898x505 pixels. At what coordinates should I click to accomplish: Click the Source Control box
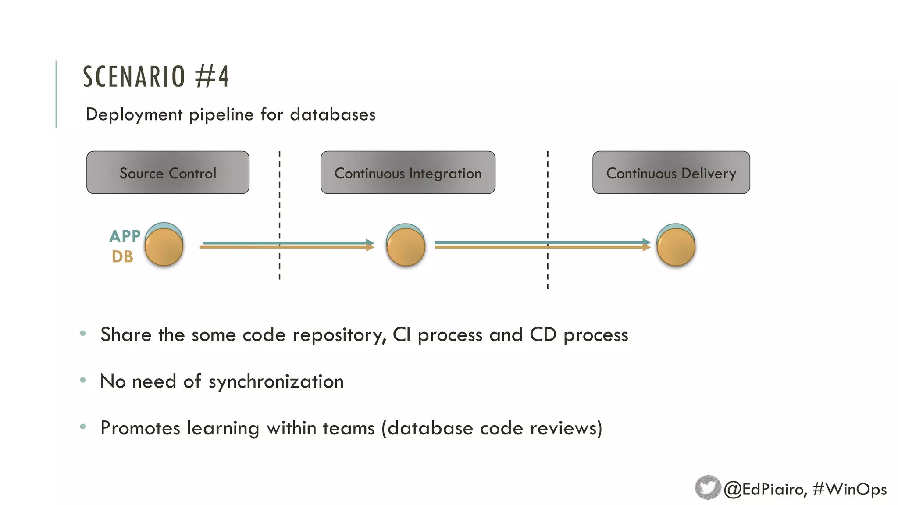pos(168,173)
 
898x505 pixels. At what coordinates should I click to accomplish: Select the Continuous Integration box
pos(408,173)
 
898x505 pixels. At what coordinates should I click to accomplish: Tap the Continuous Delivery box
pos(671,173)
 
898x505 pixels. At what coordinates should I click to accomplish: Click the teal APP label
pos(125,236)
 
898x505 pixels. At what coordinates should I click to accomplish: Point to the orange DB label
pos(122,257)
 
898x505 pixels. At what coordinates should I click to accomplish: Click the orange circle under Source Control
pos(164,247)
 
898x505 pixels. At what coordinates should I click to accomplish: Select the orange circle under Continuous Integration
pos(406,247)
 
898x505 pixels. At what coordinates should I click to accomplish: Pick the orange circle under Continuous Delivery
pos(676,247)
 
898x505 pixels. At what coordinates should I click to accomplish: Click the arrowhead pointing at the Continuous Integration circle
pos(370,245)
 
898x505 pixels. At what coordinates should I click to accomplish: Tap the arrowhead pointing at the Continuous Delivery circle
pos(646,245)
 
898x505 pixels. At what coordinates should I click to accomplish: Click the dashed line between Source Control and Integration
pos(279,215)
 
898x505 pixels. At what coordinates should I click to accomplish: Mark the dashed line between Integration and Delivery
pos(547,219)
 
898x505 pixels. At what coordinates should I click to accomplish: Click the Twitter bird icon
pos(707,487)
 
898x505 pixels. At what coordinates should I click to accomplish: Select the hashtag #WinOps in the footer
pos(849,489)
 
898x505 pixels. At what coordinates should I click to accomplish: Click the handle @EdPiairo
pos(764,489)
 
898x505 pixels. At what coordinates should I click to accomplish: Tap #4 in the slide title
pos(212,77)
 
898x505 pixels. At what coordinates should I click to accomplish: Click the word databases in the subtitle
pos(332,115)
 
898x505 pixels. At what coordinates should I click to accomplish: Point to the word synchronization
pos(276,381)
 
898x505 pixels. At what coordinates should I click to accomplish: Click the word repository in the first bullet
pos(339,335)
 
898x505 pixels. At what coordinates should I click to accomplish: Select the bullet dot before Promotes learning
pos(83,427)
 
